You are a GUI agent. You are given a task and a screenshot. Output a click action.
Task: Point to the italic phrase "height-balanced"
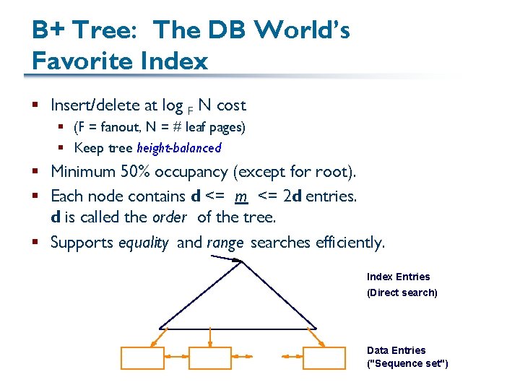click(x=179, y=148)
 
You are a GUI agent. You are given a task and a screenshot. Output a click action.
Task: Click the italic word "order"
click(x=170, y=217)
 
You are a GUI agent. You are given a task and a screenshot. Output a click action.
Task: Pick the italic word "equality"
click(x=144, y=243)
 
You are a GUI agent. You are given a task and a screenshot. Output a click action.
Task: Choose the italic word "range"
click(x=225, y=243)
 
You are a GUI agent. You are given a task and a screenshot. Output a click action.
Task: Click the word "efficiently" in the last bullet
click(x=349, y=243)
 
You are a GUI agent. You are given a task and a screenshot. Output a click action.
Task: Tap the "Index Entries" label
click(x=398, y=277)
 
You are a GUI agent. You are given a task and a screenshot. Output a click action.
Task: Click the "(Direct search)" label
click(x=402, y=292)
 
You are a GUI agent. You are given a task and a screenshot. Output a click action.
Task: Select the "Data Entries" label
click(x=396, y=350)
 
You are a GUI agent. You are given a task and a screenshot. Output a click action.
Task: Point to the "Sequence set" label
click(x=407, y=363)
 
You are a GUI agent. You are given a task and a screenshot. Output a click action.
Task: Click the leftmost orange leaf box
click(x=142, y=357)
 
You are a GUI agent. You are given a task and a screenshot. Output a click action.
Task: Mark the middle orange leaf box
click(x=209, y=357)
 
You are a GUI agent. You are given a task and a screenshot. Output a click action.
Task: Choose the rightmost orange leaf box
click(x=324, y=357)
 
